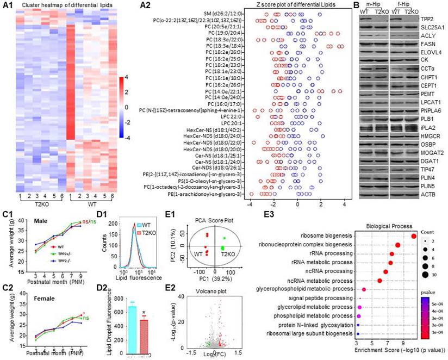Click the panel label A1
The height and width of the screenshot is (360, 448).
(8, 5)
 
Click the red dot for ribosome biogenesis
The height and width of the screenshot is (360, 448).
(414, 236)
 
